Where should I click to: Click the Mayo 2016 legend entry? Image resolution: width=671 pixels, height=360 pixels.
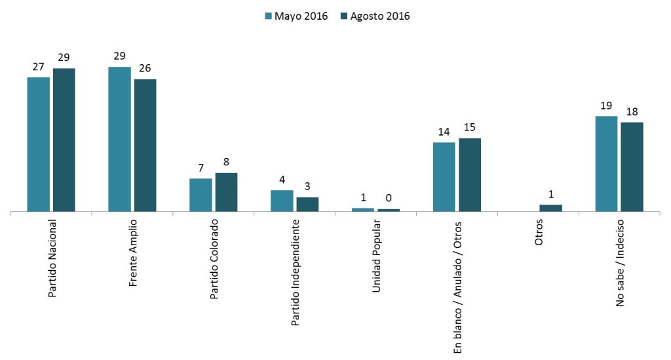[296, 16]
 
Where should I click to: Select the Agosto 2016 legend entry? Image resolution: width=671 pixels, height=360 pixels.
[375, 16]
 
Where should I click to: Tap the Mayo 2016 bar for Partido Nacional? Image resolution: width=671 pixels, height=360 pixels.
[39, 144]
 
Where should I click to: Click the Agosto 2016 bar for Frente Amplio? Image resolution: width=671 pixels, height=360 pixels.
[145, 145]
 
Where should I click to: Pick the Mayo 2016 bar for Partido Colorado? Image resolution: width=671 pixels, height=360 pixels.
[201, 195]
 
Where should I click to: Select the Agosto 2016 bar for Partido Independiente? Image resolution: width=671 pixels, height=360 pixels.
[307, 204]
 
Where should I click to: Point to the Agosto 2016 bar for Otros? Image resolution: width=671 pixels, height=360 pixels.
[550, 208]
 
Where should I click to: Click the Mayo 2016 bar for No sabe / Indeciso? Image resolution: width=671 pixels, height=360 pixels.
[606, 163]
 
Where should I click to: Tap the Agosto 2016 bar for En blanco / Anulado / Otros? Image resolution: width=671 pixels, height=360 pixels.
[469, 174]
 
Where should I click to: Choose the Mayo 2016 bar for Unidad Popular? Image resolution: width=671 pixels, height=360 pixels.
[363, 210]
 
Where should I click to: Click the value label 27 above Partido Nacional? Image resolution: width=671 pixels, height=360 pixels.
[39, 67]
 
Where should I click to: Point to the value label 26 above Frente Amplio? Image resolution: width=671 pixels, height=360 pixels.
[145, 68]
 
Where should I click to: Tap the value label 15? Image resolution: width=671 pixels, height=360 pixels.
[469, 127]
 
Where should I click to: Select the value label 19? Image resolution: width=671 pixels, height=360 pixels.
[606, 106]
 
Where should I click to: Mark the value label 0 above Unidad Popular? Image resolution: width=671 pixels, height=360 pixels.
[389, 198]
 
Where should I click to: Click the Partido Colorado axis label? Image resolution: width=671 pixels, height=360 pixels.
[214, 259]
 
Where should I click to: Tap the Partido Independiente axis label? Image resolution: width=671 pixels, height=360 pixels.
[296, 273]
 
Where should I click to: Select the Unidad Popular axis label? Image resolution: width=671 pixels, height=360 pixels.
[377, 256]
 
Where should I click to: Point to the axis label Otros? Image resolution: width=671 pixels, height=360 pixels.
[539, 232]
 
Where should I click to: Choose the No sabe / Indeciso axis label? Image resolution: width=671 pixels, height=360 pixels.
[620, 263]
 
